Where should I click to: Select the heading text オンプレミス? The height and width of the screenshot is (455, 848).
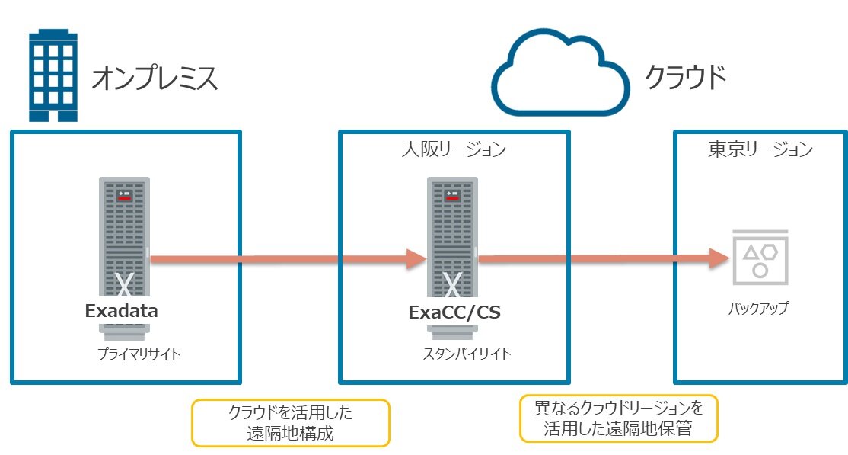point(155,79)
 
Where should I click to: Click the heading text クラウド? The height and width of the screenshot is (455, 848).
point(685,77)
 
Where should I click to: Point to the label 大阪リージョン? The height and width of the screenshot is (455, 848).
point(453,149)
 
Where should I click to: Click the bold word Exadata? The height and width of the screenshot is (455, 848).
point(122,311)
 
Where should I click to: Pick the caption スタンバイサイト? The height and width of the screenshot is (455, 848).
point(467,354)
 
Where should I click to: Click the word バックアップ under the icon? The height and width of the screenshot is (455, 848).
point(758,308)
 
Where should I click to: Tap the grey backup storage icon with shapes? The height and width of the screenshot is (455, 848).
point(759,258)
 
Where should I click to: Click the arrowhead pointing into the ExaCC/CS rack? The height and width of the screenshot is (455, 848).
point(415,259)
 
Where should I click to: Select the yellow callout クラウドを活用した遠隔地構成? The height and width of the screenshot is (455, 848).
point(291,423)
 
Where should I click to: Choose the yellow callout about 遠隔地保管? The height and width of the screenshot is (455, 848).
point(618,418)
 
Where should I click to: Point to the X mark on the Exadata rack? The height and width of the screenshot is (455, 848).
point(124,286)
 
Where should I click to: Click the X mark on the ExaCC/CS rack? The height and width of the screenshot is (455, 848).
point(452,286)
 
